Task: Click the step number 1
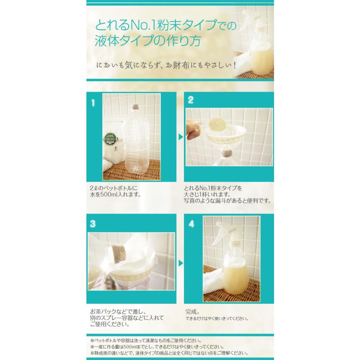(x=93, y=103)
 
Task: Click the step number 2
(x=191, y=100)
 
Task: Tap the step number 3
(x=93, y=224)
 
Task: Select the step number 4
(x=191, y=224)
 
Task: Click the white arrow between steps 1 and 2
(x=180, y=137)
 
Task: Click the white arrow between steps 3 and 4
(x=180, y=263)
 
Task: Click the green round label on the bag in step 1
(x=110, y=141)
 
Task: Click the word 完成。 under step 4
(x=194, y=311)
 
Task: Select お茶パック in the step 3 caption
(x=104, y=311)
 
